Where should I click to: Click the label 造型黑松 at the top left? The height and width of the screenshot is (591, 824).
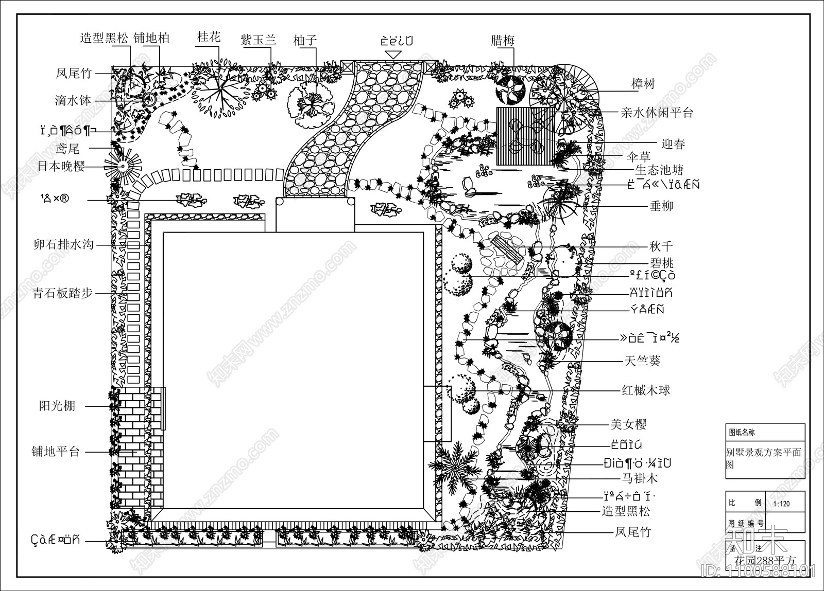pos(105,38)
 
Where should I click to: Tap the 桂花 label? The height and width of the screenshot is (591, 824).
pos(209,37)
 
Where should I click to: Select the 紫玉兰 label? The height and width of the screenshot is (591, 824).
pos(259,40)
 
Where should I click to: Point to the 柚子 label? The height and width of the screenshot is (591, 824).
pos(305,40)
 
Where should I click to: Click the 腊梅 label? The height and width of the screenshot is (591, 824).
pos(503,41)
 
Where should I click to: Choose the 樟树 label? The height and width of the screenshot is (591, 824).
pos(643,83)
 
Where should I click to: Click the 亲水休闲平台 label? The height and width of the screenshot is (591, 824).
pos(657,113)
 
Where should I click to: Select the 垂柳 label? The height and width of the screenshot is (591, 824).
pos(662,207)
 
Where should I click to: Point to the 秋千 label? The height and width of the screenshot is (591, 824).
pos(661,246)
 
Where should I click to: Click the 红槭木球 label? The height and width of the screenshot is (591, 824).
pos(646,390)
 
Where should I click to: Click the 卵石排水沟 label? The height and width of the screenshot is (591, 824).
pos(63,244)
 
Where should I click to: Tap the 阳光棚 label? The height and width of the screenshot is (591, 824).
pos(57,406)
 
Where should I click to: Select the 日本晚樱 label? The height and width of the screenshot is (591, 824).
pos(61,167)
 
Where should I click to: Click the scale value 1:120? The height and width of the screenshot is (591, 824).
pos(781,503)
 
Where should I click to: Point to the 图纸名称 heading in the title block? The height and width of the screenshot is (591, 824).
pos(742,433)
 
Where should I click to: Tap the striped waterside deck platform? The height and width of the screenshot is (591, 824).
pos(525,136)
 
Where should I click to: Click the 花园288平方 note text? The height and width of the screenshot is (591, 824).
pos(765,560)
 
